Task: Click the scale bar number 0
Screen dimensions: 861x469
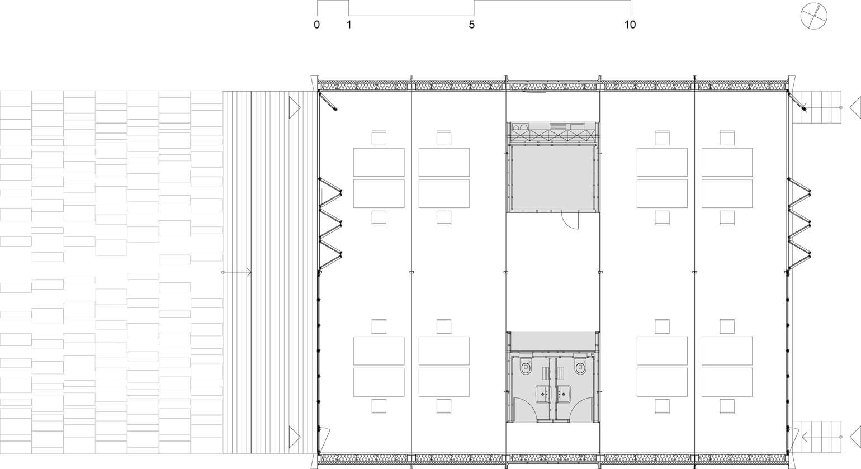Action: (316, 25)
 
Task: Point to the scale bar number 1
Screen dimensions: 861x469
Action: (349, 25)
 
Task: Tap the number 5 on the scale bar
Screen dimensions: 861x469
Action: (472, 25)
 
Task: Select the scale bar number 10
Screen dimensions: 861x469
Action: (630, 25)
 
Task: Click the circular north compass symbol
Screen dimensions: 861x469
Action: (813, 16)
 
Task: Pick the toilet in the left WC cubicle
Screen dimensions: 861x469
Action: (526, 367)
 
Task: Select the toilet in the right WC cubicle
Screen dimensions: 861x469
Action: (580, 367)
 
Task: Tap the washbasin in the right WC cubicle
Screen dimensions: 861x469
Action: (564, 395)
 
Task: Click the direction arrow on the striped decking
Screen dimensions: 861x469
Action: (237, 272)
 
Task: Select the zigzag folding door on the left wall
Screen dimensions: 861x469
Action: (330, 223)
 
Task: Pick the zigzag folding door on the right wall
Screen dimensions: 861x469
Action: (799, 223)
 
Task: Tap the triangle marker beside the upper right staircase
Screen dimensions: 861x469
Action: (855, 107)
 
